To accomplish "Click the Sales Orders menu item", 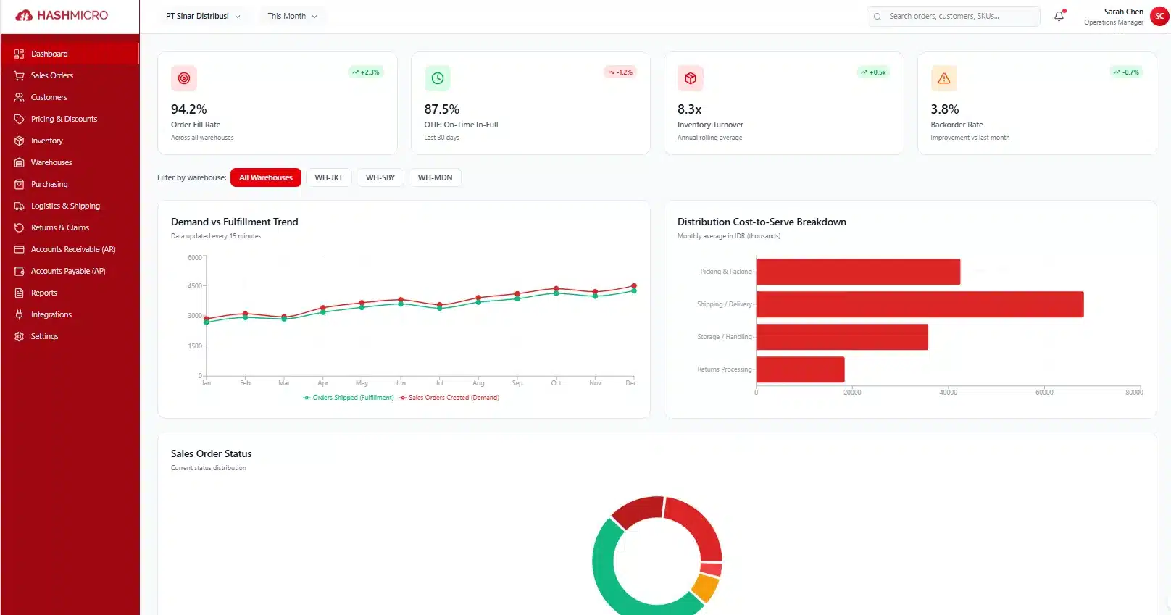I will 51,75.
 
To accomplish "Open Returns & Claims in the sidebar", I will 59,227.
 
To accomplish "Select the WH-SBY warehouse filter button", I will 380,177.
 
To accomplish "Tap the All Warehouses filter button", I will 265,177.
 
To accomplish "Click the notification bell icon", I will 1059,16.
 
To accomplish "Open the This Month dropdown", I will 292,16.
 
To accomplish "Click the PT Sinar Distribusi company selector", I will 202,16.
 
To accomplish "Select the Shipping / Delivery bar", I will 919,304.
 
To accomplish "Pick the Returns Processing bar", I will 800,369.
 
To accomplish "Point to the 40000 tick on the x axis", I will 948,392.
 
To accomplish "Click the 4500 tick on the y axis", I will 195,286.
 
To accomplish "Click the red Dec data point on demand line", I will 634,286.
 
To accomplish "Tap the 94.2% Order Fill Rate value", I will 189,109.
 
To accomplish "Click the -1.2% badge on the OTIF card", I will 620,72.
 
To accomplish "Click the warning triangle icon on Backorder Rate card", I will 943,78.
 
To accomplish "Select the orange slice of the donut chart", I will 704,587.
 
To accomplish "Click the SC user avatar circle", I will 1159,16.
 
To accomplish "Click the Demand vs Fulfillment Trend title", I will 234,222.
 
